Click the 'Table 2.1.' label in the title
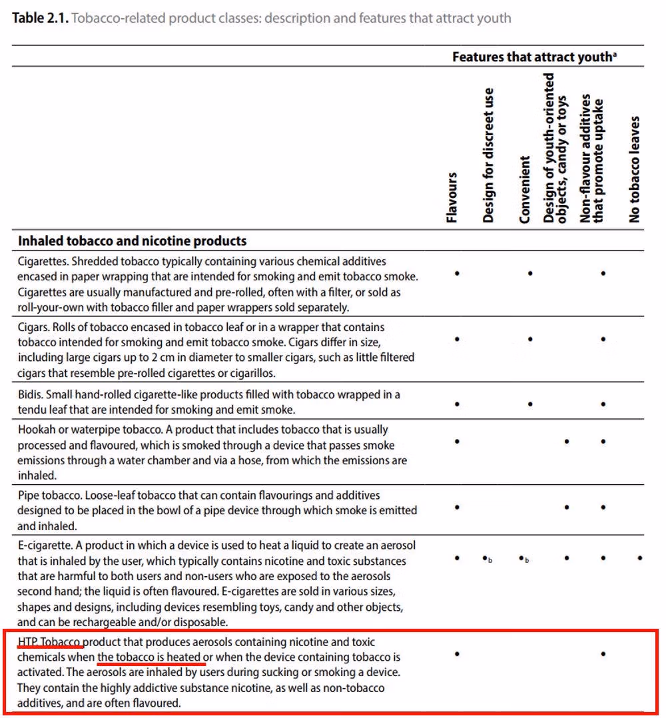point(39,18)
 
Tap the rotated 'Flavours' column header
point(452,197)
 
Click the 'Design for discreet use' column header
point(488,155)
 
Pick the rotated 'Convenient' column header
point(525,190)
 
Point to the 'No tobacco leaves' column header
point(634,169)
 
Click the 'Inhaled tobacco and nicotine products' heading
point(132,241)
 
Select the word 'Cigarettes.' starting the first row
point(43,262)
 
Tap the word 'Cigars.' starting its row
point(35,328)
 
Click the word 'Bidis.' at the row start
point(32,394)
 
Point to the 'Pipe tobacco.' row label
point(49,496)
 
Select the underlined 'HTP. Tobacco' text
point(50,642)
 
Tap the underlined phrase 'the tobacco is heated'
point(149,657)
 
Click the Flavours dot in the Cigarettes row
point(457,273)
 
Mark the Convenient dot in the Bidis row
point(530,404)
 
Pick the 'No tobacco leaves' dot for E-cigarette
point(640,557)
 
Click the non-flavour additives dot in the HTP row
point(603,654)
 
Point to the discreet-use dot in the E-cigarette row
point(486,557)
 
